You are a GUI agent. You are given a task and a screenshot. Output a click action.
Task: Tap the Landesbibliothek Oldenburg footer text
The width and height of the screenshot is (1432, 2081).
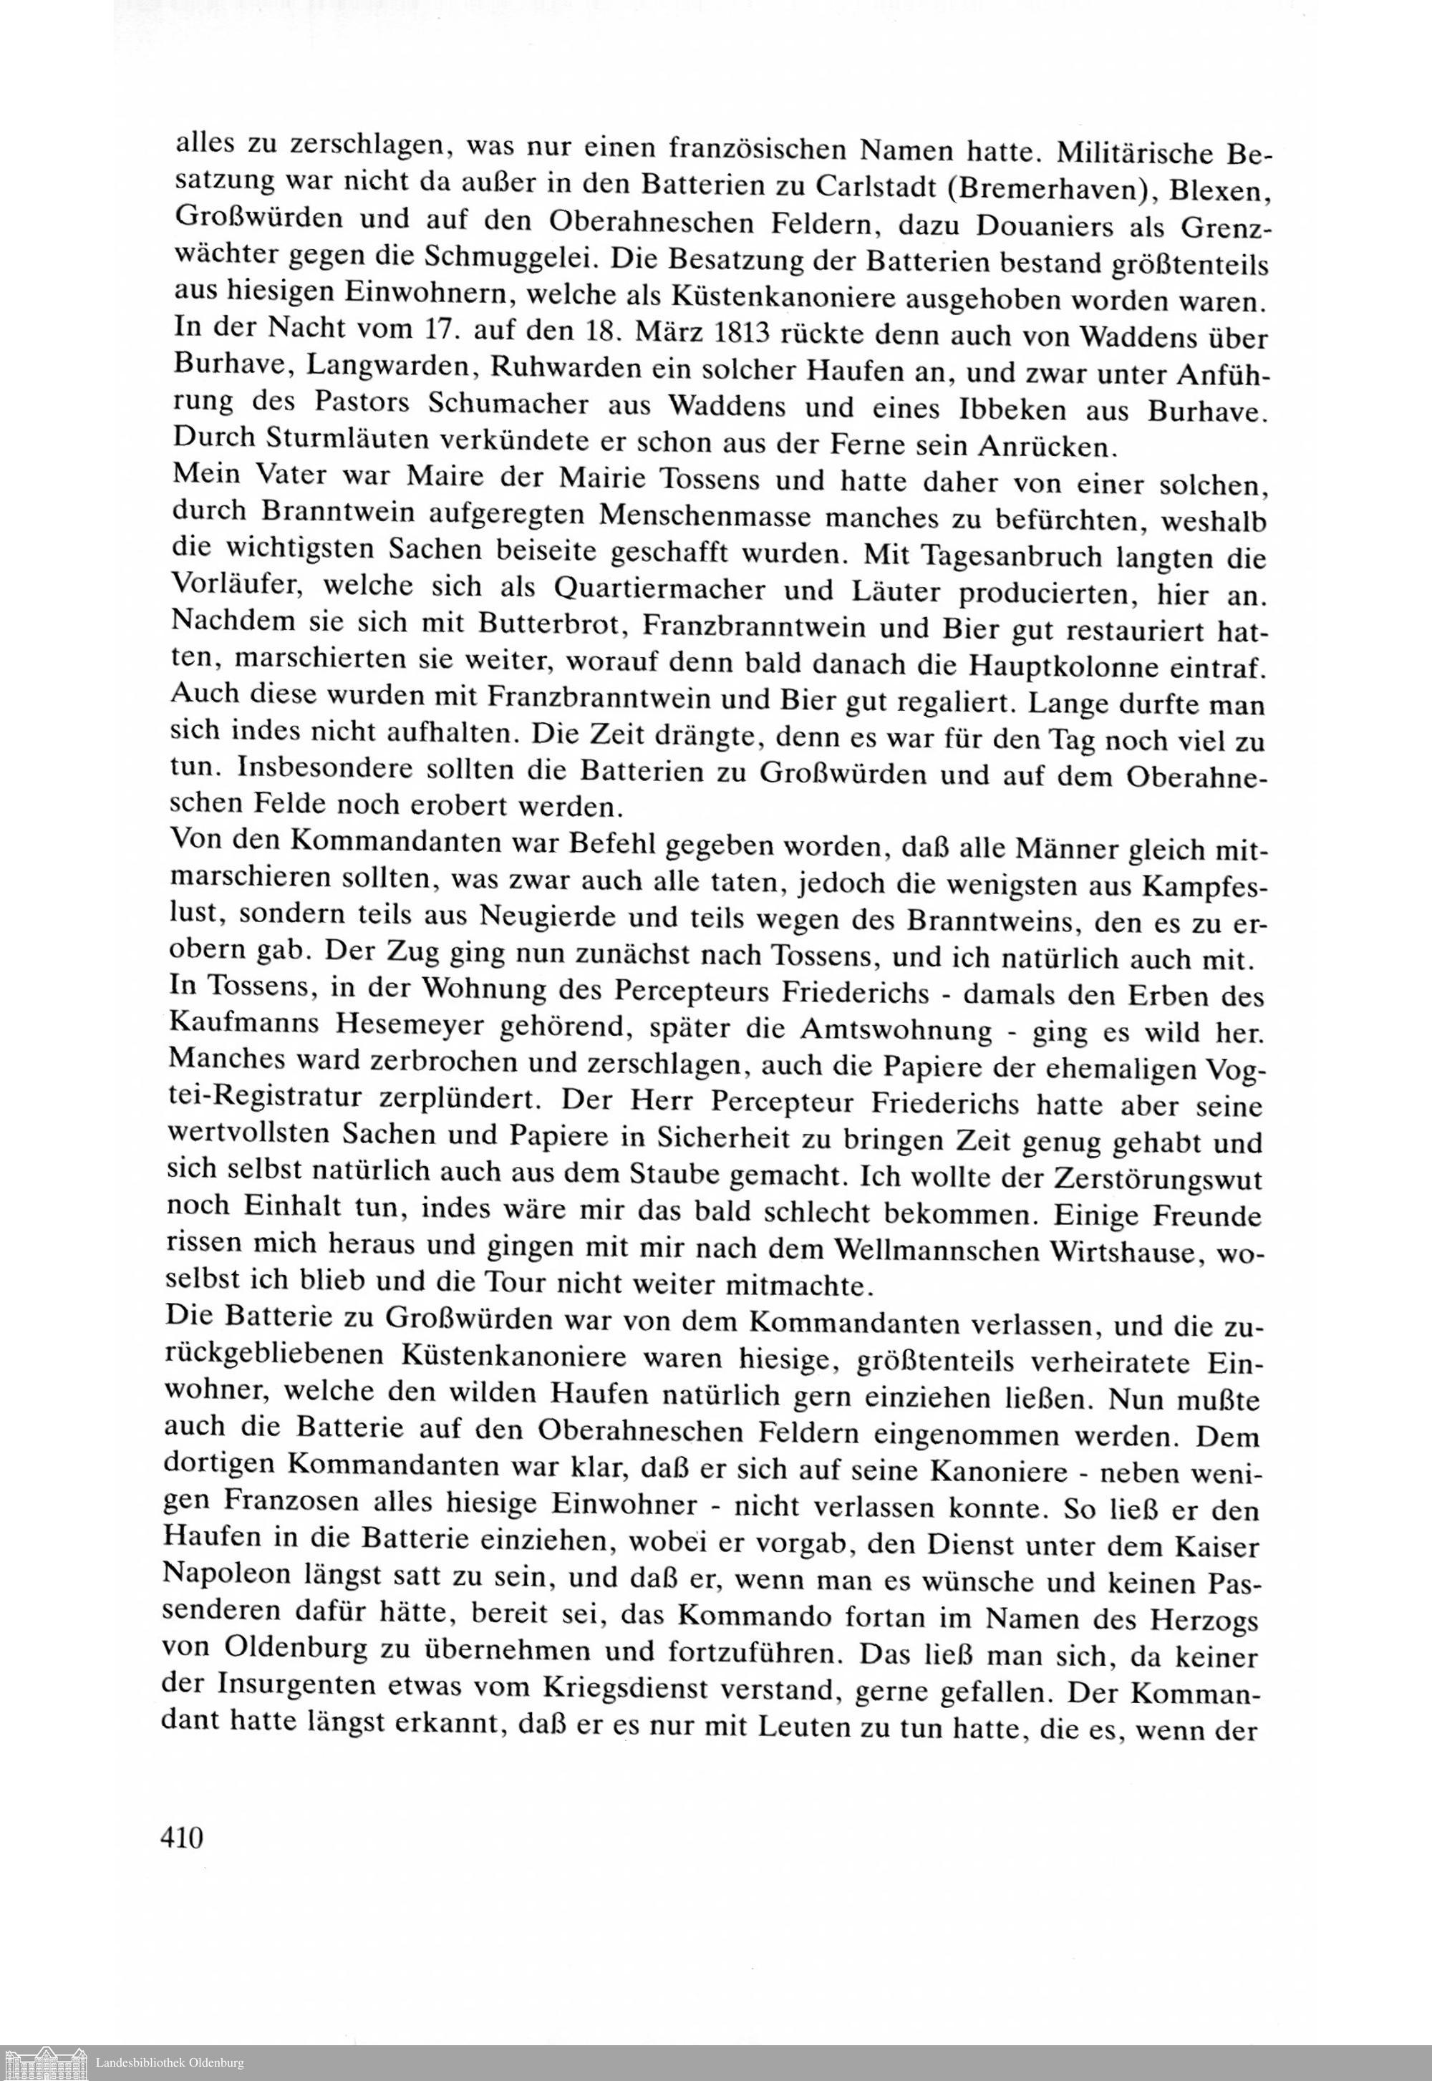[170, 2064]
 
